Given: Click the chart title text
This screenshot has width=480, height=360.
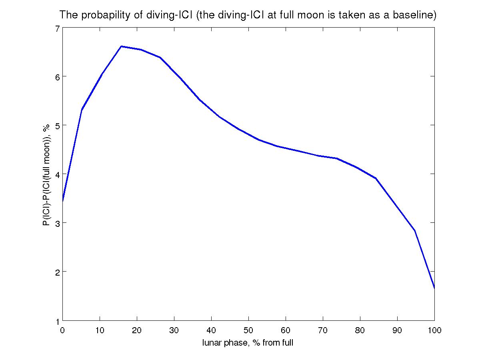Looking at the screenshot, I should pos(248,16).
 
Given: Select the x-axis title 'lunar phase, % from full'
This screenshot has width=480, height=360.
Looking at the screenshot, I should pos(248,343).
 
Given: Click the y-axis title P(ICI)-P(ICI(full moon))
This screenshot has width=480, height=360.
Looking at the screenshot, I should pos(47,175).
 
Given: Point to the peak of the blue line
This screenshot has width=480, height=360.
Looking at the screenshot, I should pos(121,46).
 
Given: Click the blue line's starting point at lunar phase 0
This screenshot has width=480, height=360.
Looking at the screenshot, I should pos(63,201).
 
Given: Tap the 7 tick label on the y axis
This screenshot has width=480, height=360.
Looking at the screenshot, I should pos(57,28).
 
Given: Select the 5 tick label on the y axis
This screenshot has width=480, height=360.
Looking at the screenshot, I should pos(57,126).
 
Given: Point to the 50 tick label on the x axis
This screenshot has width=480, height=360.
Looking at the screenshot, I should pos(248,330).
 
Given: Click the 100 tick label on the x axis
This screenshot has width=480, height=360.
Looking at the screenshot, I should pos(434,330).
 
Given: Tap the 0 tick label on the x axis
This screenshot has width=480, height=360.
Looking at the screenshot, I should pos(63,330).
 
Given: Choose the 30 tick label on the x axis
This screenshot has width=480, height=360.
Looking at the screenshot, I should pos(174,330).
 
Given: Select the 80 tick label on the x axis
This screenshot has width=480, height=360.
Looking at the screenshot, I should pos(360,330).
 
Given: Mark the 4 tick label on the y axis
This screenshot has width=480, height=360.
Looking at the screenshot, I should pos(57,174).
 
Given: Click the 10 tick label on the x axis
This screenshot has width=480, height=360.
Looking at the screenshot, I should pos(100,330).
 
